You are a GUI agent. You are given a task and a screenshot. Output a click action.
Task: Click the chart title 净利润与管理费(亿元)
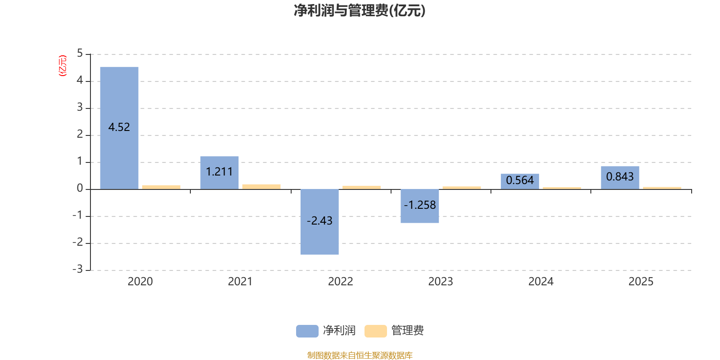(x=360, y=11)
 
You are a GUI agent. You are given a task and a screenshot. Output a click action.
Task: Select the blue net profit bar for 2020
(x=119, y=128)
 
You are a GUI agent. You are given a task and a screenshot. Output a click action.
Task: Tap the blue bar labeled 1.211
(x=220, y=173)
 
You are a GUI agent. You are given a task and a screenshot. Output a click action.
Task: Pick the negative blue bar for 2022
(x=319, y=222)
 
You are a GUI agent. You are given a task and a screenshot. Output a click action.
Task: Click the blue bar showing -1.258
(x=420, y=206)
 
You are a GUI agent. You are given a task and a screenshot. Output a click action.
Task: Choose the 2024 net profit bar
(x=520, y=182)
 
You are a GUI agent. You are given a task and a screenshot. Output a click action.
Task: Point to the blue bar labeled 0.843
(x=620, y=178)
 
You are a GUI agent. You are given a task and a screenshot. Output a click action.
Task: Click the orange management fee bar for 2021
(x=261, y=187)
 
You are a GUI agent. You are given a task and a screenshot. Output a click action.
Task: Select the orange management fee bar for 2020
(x=162, y=187)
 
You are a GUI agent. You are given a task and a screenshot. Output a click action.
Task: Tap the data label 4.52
(x=119, y=127)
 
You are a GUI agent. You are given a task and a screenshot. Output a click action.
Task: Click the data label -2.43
(x=319, y=221)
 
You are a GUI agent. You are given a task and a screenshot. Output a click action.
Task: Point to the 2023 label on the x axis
(x=441, y=282)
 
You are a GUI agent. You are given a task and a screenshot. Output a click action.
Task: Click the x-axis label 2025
(x=641, y=282)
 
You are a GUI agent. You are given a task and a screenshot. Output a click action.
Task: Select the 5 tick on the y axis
(x=80, y=54)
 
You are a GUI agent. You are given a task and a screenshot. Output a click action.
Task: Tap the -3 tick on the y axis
(x=78, y=269)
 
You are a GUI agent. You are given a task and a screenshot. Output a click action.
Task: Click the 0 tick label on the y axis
(x=80, y=189)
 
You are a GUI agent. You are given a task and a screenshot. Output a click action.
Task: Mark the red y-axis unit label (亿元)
(x=63, y=66)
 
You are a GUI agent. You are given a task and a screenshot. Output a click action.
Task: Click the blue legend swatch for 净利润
(x=307, y=331)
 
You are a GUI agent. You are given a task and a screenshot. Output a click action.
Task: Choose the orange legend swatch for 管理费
(x=375, y=331)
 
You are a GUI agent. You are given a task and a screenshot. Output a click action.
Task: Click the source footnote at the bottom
(x=360, y=355)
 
